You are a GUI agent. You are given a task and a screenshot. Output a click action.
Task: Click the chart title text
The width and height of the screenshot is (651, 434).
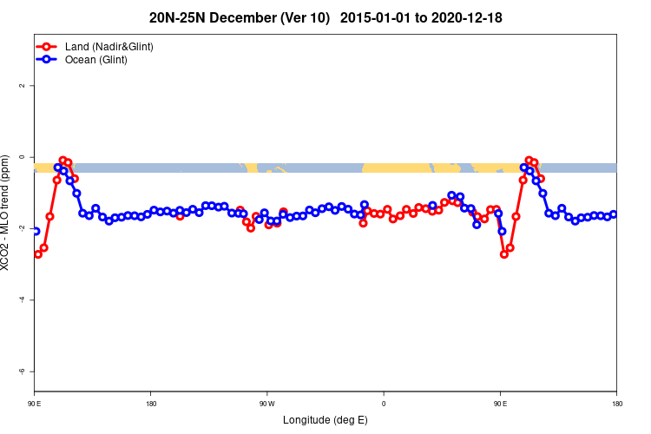point(325,17)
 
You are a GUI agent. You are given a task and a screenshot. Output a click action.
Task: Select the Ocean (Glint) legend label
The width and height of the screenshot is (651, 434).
point(96,60)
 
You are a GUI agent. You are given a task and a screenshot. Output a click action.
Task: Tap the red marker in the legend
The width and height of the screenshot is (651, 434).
point(47,46)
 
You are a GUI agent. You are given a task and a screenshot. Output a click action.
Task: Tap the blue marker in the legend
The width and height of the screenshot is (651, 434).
point(47,60)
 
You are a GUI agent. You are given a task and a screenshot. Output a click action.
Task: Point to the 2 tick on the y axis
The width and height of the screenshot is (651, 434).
point(23,86)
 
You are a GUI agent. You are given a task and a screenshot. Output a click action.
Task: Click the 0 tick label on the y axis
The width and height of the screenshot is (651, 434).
point(23,157)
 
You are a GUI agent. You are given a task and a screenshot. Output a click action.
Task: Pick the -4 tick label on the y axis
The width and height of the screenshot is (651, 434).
point(23,299)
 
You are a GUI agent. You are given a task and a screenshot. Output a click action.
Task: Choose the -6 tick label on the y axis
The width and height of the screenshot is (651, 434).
point(23,371)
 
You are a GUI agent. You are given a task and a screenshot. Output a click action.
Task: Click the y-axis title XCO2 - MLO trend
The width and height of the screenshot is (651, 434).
point(7,217)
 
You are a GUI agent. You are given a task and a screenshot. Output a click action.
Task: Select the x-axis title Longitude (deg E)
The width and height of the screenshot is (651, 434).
point(325,420)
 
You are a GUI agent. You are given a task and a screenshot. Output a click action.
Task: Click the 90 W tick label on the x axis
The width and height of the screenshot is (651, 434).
point(266,403)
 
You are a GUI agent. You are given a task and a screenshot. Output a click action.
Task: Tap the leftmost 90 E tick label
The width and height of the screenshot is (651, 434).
point(35,403)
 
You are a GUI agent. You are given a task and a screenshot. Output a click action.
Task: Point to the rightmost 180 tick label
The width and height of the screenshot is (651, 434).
point(616,403)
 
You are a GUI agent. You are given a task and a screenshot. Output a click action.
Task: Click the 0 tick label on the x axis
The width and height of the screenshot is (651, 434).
point(384,403)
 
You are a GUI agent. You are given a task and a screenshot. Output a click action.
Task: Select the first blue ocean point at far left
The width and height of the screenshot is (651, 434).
point(36,231)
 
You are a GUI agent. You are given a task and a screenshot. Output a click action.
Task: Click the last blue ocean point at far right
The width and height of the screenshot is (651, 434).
point(614,214)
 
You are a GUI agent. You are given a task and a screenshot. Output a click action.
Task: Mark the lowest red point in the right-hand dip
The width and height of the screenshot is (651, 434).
point(504,254)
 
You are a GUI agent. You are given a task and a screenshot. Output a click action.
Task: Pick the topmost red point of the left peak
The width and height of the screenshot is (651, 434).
point(62,161)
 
